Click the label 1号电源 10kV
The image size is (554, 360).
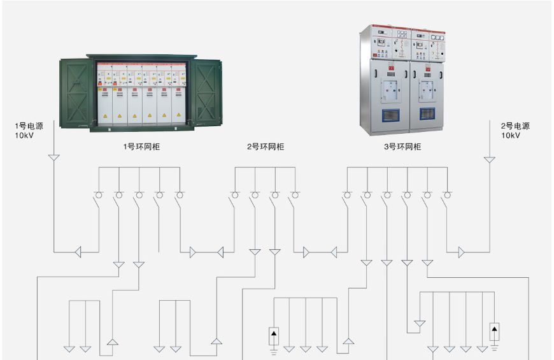(x=29, y=131)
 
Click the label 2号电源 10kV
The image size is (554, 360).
(x=515, y=131)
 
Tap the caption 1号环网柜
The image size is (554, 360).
(x=141, y=147)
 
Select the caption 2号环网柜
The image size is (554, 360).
(x=266, y=147)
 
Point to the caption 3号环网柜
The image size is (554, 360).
(x=402, y=147)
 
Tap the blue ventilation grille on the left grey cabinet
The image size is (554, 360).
(x=390, y=115)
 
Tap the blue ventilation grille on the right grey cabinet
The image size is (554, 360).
(x=427, y=114)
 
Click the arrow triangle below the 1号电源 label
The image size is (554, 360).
(x=53, y=157)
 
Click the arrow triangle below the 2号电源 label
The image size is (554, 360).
(x=489, y=159)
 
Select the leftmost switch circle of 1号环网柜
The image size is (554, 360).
(x=99, y=195)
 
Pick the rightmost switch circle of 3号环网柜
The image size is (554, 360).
(x=447, y=195)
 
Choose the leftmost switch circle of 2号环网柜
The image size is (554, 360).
(x=235, y=195)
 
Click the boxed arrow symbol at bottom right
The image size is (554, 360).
(x=494, y=332)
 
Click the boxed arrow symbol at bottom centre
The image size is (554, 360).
(x=274, y=336)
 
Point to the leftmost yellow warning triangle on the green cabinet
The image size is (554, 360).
(x=105, y=116)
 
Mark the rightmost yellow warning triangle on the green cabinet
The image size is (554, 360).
(x=178, y=115)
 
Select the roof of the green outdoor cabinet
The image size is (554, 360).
(x=141, y=57)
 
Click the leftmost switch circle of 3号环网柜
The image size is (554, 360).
(x=347, y=195)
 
